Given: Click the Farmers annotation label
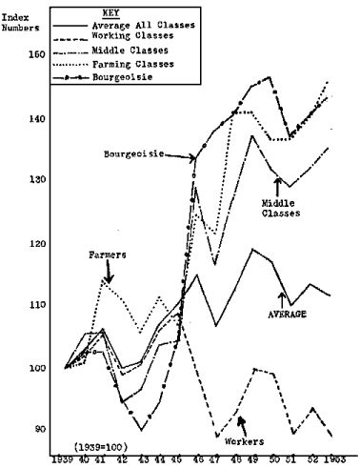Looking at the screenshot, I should (110, 254).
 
